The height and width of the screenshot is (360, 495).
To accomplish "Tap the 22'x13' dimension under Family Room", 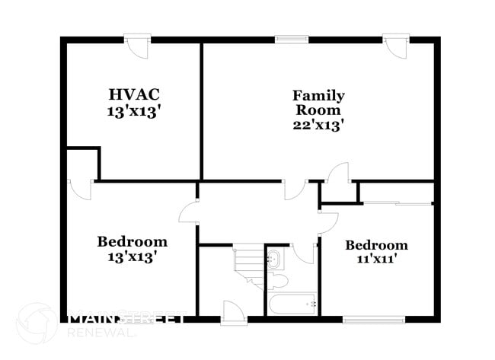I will pos(318,125).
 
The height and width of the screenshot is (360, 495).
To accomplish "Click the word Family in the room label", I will pos(318,96).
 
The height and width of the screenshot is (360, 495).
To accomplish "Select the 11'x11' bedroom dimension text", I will pos(376,259).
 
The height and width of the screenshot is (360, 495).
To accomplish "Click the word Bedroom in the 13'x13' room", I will pos(132,241).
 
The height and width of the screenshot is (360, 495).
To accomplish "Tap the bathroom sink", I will pos(274,261).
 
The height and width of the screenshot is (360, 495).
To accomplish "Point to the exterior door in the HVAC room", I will pos(138,45).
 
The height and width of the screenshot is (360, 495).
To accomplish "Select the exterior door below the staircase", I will pos(232,311).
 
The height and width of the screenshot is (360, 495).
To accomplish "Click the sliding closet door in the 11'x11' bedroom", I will pos(396,203).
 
